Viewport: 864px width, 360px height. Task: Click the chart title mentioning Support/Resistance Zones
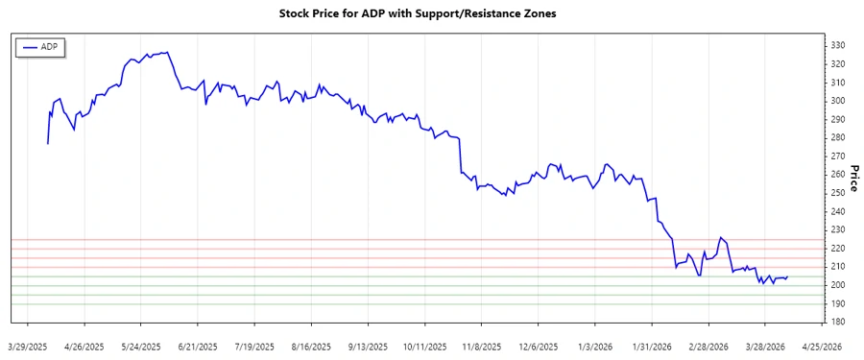(431, 14)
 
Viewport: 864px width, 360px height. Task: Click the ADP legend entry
(40, 47)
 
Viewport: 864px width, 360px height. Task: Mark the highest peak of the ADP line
(168, 52)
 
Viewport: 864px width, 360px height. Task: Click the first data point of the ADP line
(48, 144)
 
